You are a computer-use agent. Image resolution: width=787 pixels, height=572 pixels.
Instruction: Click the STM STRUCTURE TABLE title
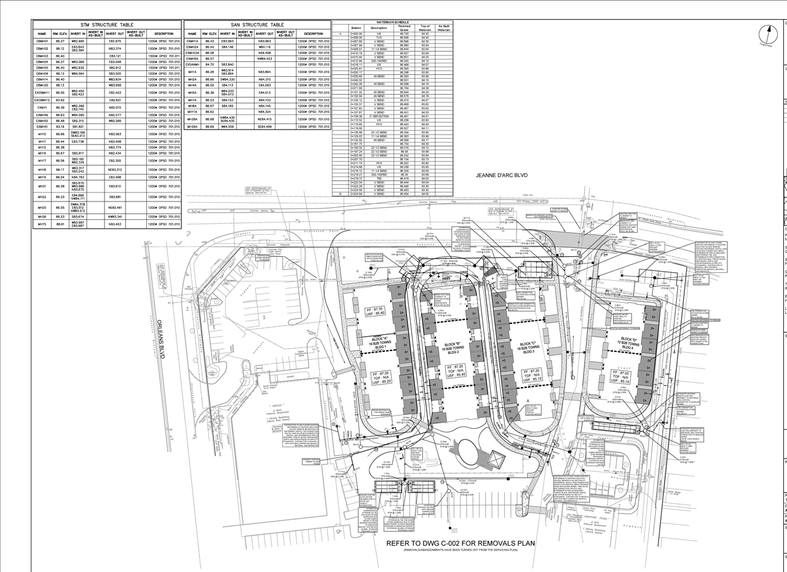click(107, 25)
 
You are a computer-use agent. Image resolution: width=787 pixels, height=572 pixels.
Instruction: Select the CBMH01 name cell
click(42, 41)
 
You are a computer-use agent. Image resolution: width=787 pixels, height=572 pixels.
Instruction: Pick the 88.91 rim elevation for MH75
click(60, 224)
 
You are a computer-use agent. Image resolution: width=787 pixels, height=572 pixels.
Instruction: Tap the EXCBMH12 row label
click(42, 100)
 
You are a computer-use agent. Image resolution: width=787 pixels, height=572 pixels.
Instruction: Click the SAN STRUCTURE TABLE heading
click(257, 25)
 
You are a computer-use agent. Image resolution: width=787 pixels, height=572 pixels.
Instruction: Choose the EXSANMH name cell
click(192, 65)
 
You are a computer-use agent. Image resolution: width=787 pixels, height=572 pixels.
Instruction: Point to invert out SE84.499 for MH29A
click(265, 127)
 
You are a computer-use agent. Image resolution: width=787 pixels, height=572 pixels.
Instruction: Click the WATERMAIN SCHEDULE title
click(392, 22)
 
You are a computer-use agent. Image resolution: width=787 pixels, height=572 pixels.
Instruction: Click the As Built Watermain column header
click(444, 28)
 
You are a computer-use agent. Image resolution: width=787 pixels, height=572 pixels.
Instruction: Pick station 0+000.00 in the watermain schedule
click(356, 34)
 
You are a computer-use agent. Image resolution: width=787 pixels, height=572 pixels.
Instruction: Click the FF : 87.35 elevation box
click(375, 311)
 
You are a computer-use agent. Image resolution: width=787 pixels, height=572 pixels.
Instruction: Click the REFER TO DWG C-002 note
click(461, 544)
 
